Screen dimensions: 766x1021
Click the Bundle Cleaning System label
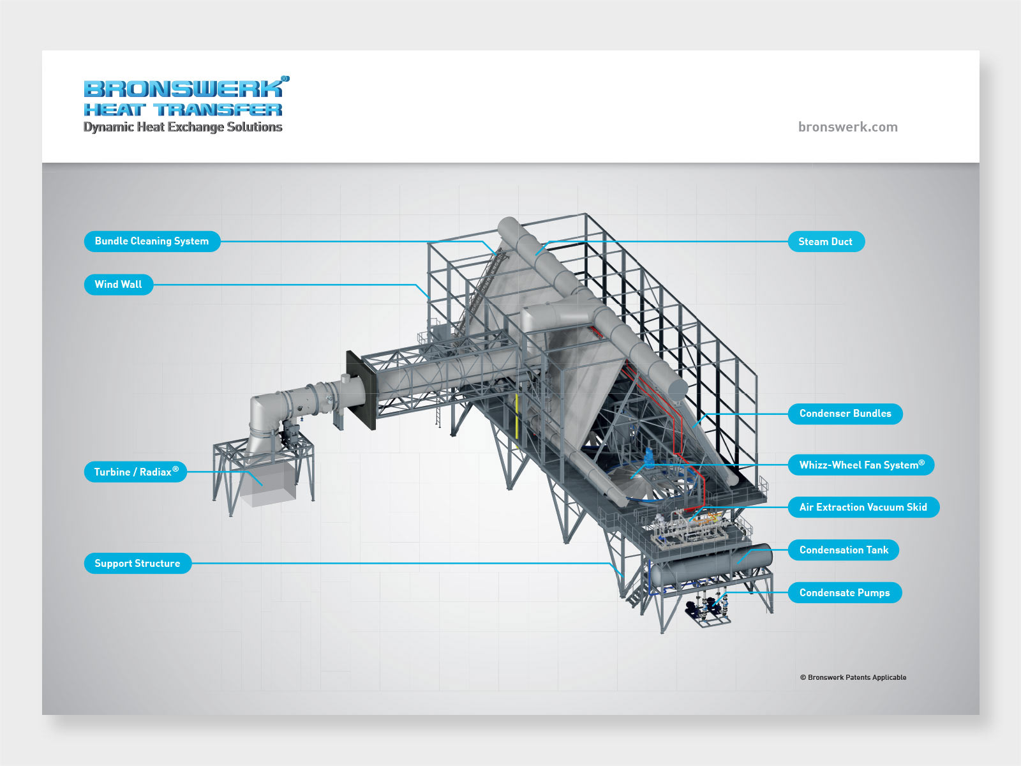[152, 241]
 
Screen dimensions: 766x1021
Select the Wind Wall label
[119, 285]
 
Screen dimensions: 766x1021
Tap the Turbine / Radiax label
[135, 472]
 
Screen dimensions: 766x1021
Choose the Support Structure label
[137, 564]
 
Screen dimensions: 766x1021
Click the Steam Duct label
[826, 242]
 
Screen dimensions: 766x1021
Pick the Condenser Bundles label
[845, 414]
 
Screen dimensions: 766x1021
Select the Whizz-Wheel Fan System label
[861, 465]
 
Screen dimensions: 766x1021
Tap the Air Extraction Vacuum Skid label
[863, 507]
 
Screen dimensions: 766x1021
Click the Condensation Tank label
[843, 550]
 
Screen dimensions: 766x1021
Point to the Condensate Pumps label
[844, 593]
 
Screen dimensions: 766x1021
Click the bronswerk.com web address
[847, 127]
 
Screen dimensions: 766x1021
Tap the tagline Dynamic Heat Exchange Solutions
[183, 127]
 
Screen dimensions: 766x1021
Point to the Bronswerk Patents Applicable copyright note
[853, 677]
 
